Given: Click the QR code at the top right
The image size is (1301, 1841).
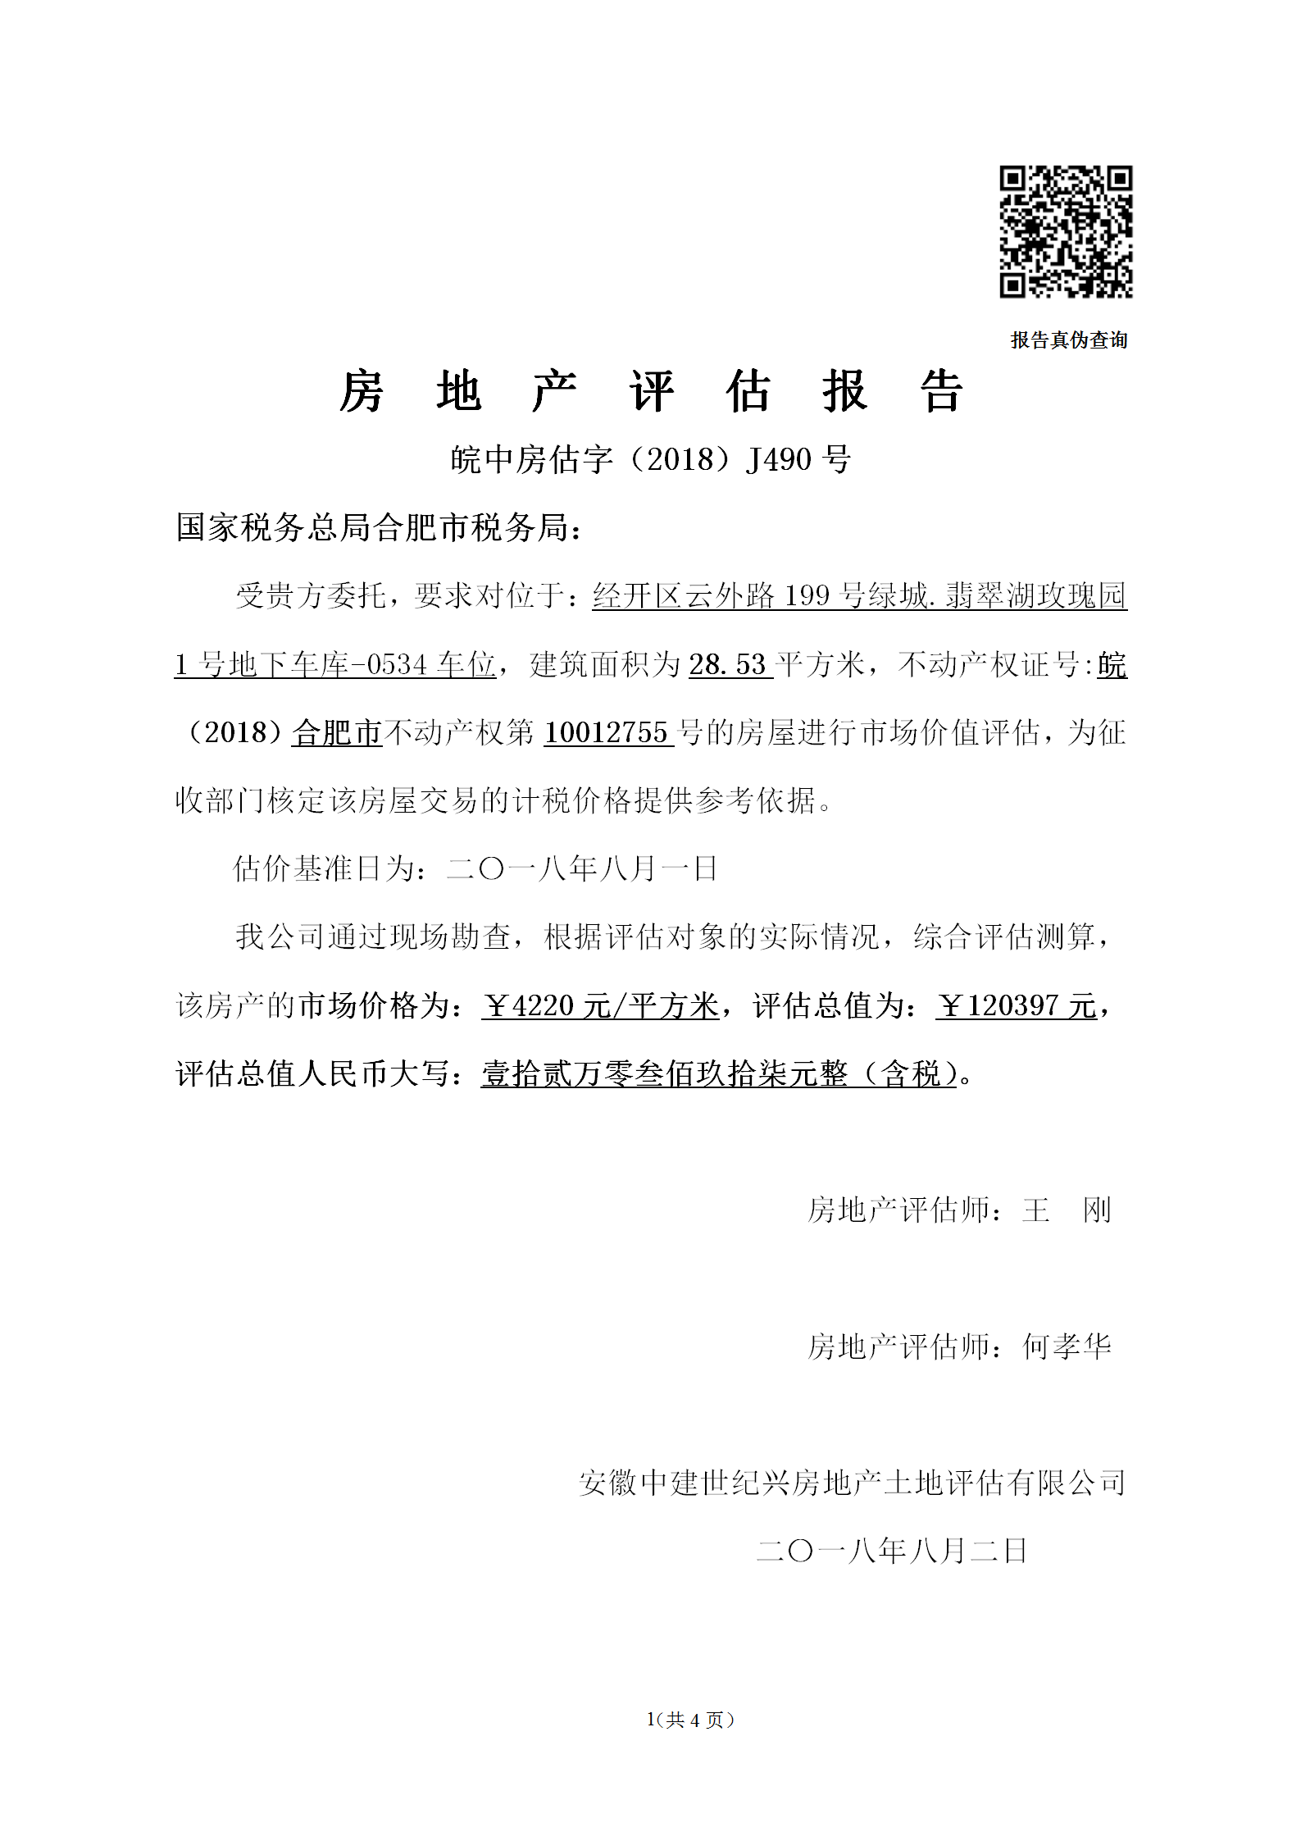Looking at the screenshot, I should [x=1065, y=231].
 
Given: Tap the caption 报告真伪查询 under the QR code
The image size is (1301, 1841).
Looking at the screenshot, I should [x=1068, y=339].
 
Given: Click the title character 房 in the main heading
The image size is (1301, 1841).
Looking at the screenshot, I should [x=362, y=391].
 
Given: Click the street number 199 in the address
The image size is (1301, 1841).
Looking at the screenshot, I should [x=807, y=595].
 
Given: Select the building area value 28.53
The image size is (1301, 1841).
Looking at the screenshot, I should [x=727, y=664].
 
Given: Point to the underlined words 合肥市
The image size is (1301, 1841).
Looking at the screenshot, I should [x=337, y=732].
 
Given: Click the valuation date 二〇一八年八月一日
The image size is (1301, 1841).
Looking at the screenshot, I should [x=582, y=868].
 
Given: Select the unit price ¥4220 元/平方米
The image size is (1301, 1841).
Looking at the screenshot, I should [x=600, y=1005].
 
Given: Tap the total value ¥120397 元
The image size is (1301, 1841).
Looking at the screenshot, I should [x=1016, y=1005].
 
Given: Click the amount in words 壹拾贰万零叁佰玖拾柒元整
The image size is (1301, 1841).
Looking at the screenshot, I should [x=665, y=1073].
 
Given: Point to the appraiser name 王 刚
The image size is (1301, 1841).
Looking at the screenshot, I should [x=1066, y=1210].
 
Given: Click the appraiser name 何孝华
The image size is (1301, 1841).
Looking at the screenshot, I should [x=1066, y=1347].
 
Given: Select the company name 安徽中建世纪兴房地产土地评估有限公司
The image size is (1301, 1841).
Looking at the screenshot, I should [x=852, y=1483].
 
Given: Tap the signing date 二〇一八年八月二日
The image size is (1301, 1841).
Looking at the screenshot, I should [x=891, y=1551].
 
